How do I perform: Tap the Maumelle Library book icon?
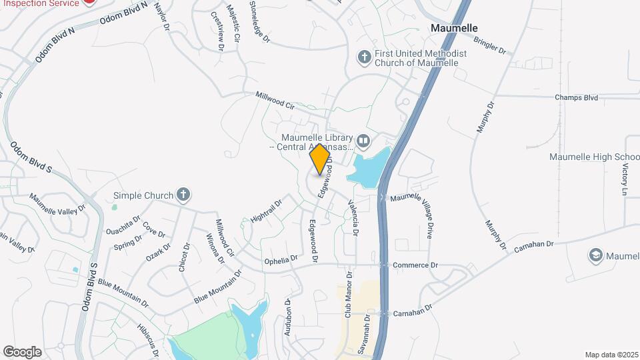(x=363, y=141)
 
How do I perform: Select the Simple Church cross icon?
(x=183, y=195)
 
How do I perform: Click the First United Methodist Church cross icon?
(x=364, y=57)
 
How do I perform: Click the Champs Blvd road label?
(x=576, y=97)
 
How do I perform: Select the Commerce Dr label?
(x=415, y=265)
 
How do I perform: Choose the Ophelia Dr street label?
(x=281, y=260)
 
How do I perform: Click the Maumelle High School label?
(x=594, y=157)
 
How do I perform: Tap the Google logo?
(x=22, y=352)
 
